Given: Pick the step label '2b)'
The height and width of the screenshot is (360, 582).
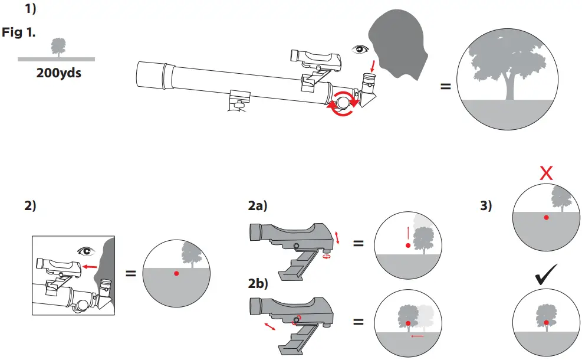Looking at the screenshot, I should [x=258, y=283].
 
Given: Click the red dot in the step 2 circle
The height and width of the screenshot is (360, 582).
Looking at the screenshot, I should [x=176, y=274].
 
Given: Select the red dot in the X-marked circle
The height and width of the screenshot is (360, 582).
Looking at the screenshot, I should [x=547, y=218].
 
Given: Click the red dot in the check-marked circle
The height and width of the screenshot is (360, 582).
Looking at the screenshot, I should [x=547, y=322].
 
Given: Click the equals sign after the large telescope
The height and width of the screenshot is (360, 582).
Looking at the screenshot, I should [x=446, y=87].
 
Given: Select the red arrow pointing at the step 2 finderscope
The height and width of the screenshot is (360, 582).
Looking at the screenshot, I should [x=90, y=267].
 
